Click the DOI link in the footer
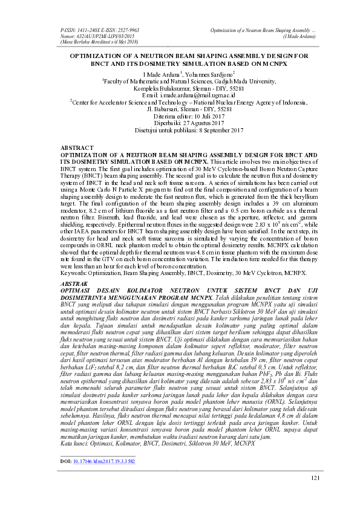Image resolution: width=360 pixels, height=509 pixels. pyautogui.click(x=103, y=461)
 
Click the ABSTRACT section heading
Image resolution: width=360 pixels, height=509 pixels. pyautogui.click(x=78, y=148)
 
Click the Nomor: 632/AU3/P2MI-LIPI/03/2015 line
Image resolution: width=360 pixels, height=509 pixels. pyautogui.click(x=97, y=36)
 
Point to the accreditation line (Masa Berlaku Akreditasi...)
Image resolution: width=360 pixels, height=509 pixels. pyautogui.click(x=100, y=42)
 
